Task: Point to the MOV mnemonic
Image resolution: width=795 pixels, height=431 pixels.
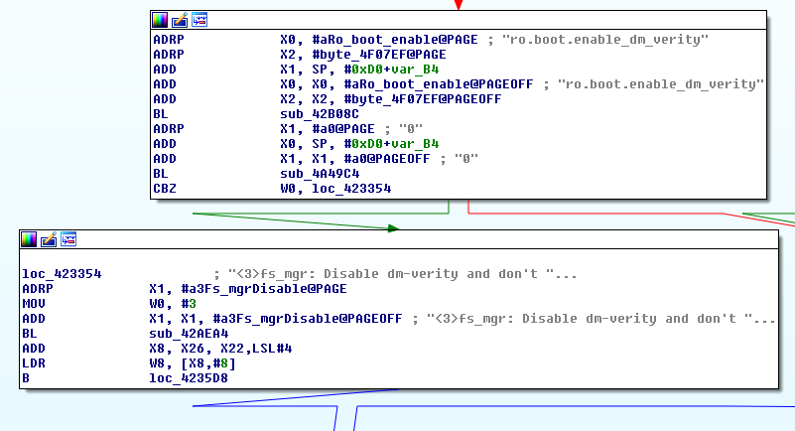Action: pyautogui.click(x=33, y=304)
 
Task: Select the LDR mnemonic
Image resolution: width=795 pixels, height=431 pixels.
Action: pyautogui.click(x=33, y=362)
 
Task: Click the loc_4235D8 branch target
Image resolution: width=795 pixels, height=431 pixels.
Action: pyautogui.click(x=183, y=377)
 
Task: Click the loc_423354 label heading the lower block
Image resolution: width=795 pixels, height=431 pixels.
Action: pyautogui.click(x=61, y=274)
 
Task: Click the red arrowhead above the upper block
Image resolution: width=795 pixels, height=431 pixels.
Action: pyautogui.click(x=459, y=5)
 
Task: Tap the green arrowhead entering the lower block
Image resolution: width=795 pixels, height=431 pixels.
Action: pyautogui.click(x=393, y=227)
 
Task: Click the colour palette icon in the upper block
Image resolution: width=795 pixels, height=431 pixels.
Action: pyautogui.click(x=160, y=20)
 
